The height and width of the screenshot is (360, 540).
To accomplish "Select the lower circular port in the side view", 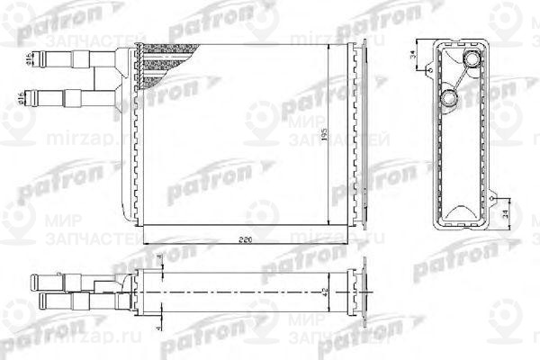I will [452, 97].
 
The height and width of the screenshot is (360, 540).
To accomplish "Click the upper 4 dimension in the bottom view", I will [160, 261].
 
